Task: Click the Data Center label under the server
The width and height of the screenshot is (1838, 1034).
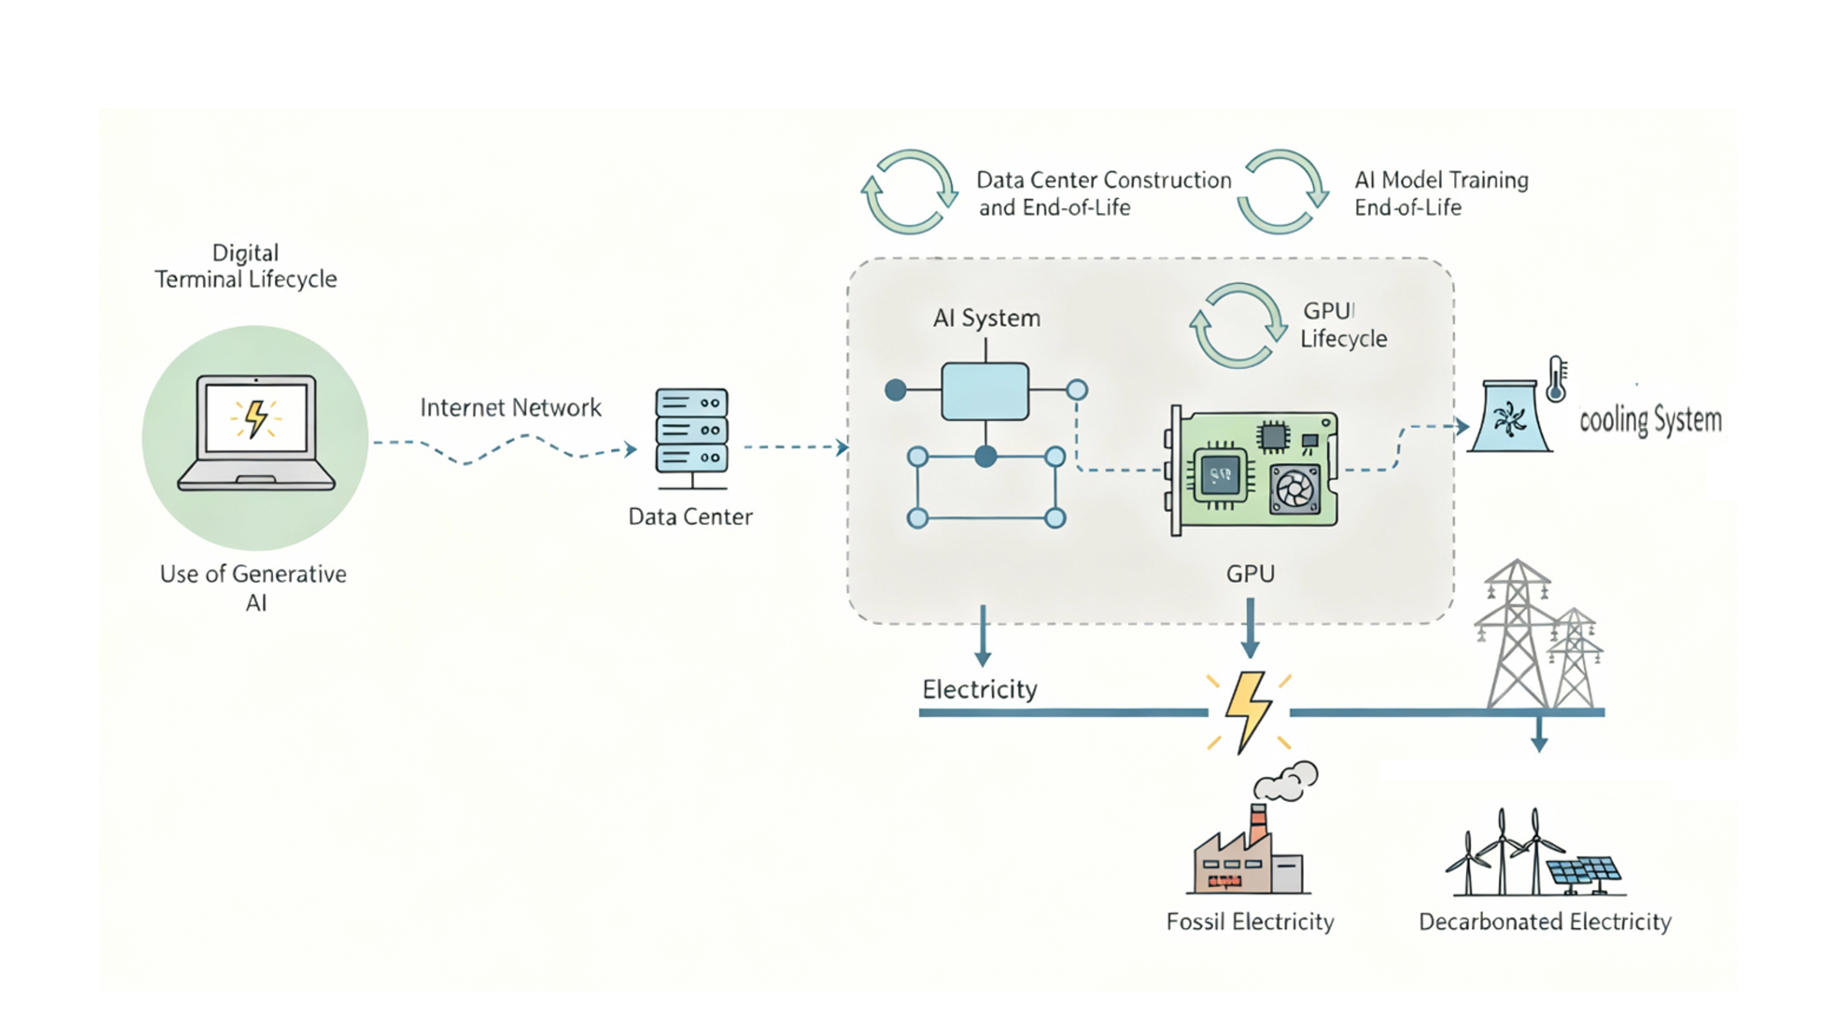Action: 690,517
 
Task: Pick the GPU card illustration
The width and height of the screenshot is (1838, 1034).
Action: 1253,470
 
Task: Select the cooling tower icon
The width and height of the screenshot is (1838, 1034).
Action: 1510,417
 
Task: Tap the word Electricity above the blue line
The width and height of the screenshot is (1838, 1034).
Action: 980,689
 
